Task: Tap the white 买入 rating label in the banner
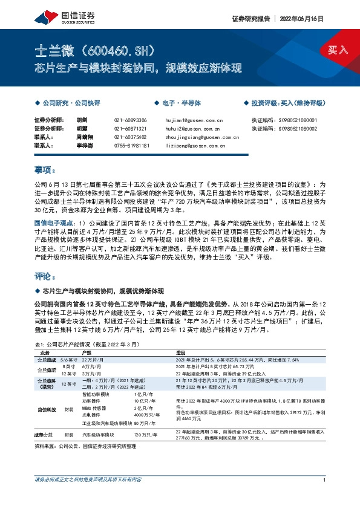[338, 50]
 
